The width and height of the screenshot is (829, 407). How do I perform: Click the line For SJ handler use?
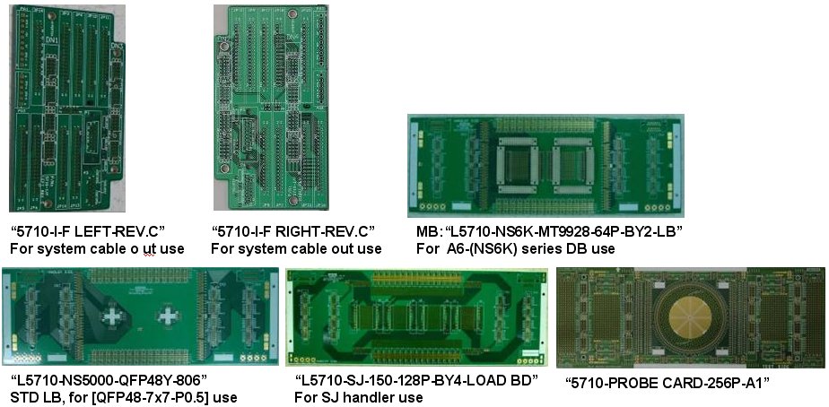(x=359, y=397)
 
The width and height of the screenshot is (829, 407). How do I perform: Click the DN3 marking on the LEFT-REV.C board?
(x=117, y=47)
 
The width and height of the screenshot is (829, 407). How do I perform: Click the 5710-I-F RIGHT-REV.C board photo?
(x=271, y=108)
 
